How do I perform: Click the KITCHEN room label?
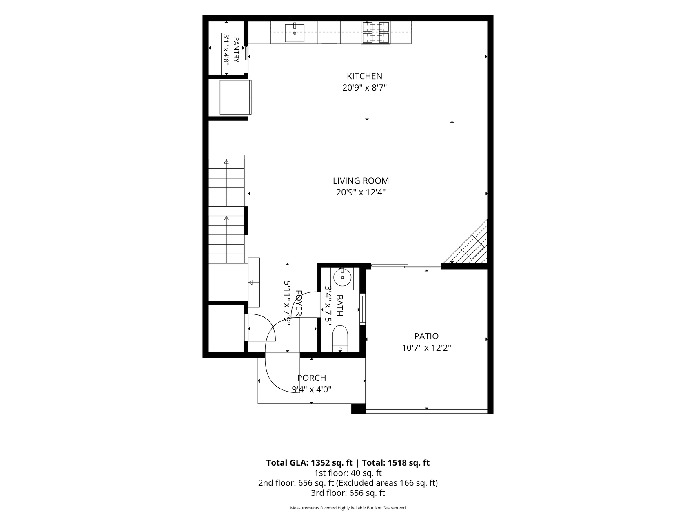(364, 76)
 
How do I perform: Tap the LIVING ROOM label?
(361, 181)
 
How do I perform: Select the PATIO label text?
(426, 336)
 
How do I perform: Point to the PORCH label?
(312, 378)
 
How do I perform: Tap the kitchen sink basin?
(295, 33)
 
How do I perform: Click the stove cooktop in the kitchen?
(376, 33)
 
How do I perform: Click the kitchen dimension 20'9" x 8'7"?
(364, 88)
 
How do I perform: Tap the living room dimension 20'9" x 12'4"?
(361, 192)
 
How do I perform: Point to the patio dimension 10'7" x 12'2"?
(426, 348)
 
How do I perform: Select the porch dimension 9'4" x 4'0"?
(312, 389)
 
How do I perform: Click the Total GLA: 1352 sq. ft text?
(309, 463)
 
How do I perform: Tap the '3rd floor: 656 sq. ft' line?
(348, 493)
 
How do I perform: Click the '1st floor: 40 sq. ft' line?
(348, 473)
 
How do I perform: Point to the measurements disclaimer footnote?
(348, 508)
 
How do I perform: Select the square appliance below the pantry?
(235, 97)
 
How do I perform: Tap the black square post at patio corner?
(358, 409)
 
